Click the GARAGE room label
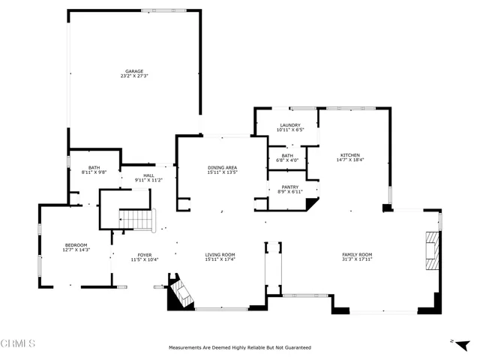point(134,71)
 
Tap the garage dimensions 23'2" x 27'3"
point(134,76)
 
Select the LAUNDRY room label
point(290,125)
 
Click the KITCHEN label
point(349,154)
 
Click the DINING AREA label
point(223,167)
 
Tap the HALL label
point(148,175)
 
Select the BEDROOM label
point(76,244)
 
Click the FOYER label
point(144,255)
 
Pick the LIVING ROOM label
point(220,255)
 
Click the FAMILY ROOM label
point(357,255)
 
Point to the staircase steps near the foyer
point(136,219)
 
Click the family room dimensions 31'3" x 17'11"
point(357,260)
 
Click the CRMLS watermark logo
point(19,343)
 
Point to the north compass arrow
point(453,341)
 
